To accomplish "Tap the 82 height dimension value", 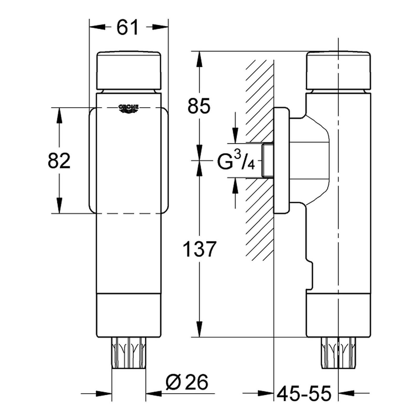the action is tap(59, 161).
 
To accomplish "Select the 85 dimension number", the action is tap(199, 106).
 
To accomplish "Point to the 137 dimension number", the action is tap(199, 249).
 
